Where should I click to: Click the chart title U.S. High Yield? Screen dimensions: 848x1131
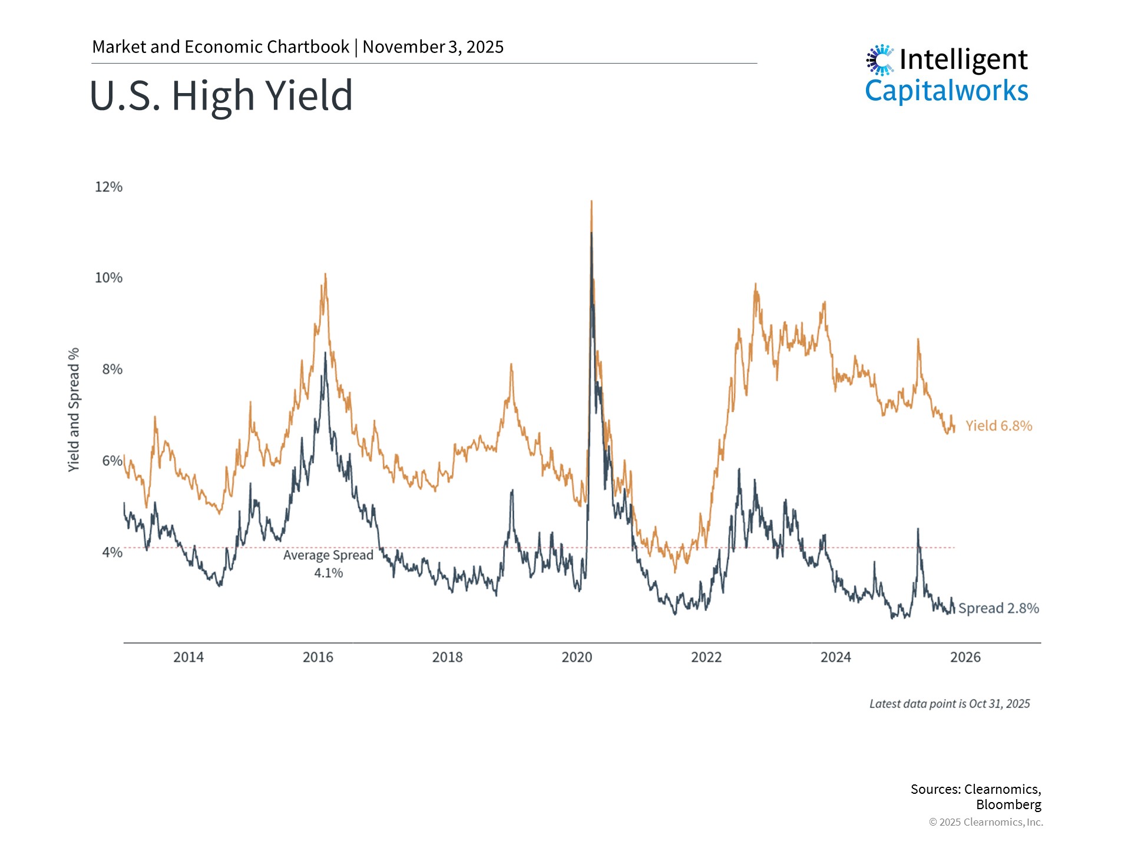coord(221,95)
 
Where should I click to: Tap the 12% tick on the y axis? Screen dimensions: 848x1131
coord(108,187)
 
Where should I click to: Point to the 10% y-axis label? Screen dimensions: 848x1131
coord(108,278)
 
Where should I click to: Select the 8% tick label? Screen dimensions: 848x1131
coord(112,369)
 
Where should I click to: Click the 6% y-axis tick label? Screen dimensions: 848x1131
coord(112,461)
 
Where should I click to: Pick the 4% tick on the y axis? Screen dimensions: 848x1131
coord(112,552)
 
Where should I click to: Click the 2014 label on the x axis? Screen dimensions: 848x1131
coord(188,657)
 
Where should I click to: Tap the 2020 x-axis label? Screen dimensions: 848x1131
coord(577,657)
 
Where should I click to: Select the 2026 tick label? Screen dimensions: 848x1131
coord(965,657)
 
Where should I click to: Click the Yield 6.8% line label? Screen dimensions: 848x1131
coord(998,426)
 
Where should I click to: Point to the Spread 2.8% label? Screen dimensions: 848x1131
coord(998,608)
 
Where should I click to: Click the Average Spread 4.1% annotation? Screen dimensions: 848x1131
coord(328,564)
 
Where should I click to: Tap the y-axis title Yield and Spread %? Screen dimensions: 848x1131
coord(74,409)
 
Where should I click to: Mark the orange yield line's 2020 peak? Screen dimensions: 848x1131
coord(591,203)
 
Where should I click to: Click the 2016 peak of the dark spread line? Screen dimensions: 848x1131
coord(325,354)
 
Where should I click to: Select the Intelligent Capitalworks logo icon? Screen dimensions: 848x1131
coord(880,60)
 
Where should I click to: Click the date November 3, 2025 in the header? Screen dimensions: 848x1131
coord(433,47)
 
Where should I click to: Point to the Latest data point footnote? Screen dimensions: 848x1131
coord(950,704)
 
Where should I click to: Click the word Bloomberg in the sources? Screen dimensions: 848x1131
coord(1008,804)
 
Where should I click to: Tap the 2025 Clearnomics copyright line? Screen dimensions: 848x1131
coord(986,822)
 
